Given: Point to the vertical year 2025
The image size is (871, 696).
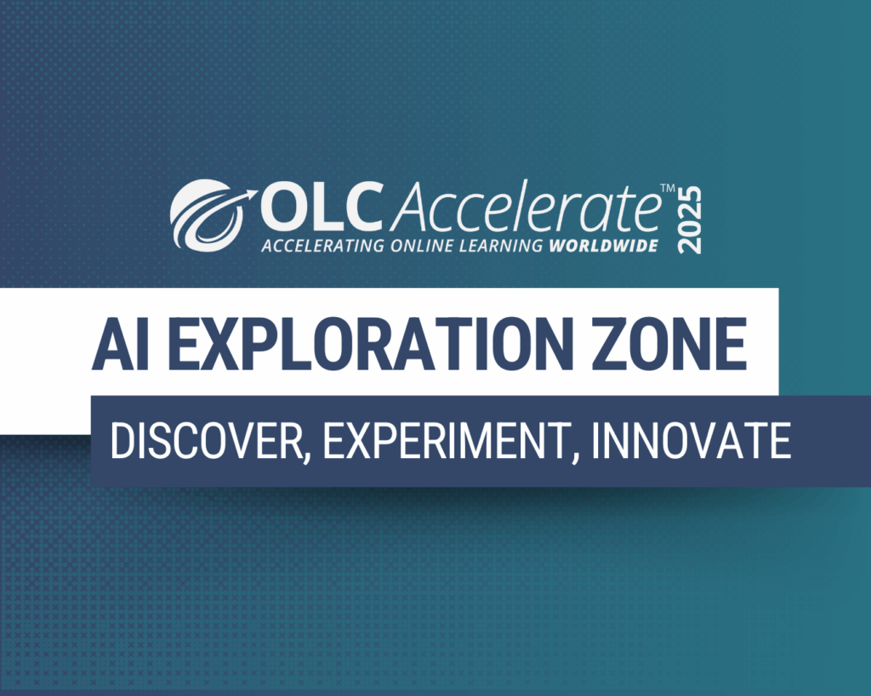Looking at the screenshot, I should pos(690,219).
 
